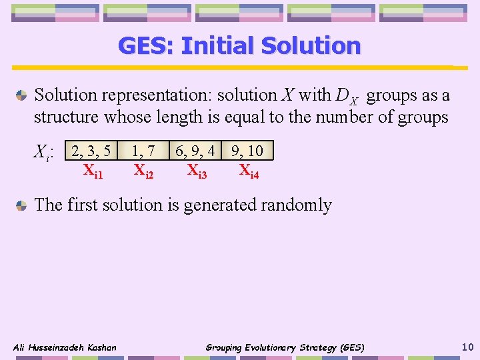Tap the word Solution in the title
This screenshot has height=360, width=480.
pos(311,46)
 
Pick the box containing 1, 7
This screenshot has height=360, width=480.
pos(144,151)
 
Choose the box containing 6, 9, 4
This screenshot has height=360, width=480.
pos(195,151)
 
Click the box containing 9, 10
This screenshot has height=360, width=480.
pos(247,151)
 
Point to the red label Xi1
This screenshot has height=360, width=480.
pos(93,171)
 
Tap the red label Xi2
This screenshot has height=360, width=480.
pos(143,171)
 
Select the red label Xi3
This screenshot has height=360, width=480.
pos(197,171)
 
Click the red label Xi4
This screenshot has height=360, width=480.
pos(249,171)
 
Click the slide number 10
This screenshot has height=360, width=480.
pos(467,346)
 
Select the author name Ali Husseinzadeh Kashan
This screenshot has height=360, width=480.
pos(65,347)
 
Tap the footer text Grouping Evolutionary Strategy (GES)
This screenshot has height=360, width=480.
pos(285,347)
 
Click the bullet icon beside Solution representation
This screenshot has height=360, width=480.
pos(22,95)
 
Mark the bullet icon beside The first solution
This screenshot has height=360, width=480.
pos(22,205)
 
